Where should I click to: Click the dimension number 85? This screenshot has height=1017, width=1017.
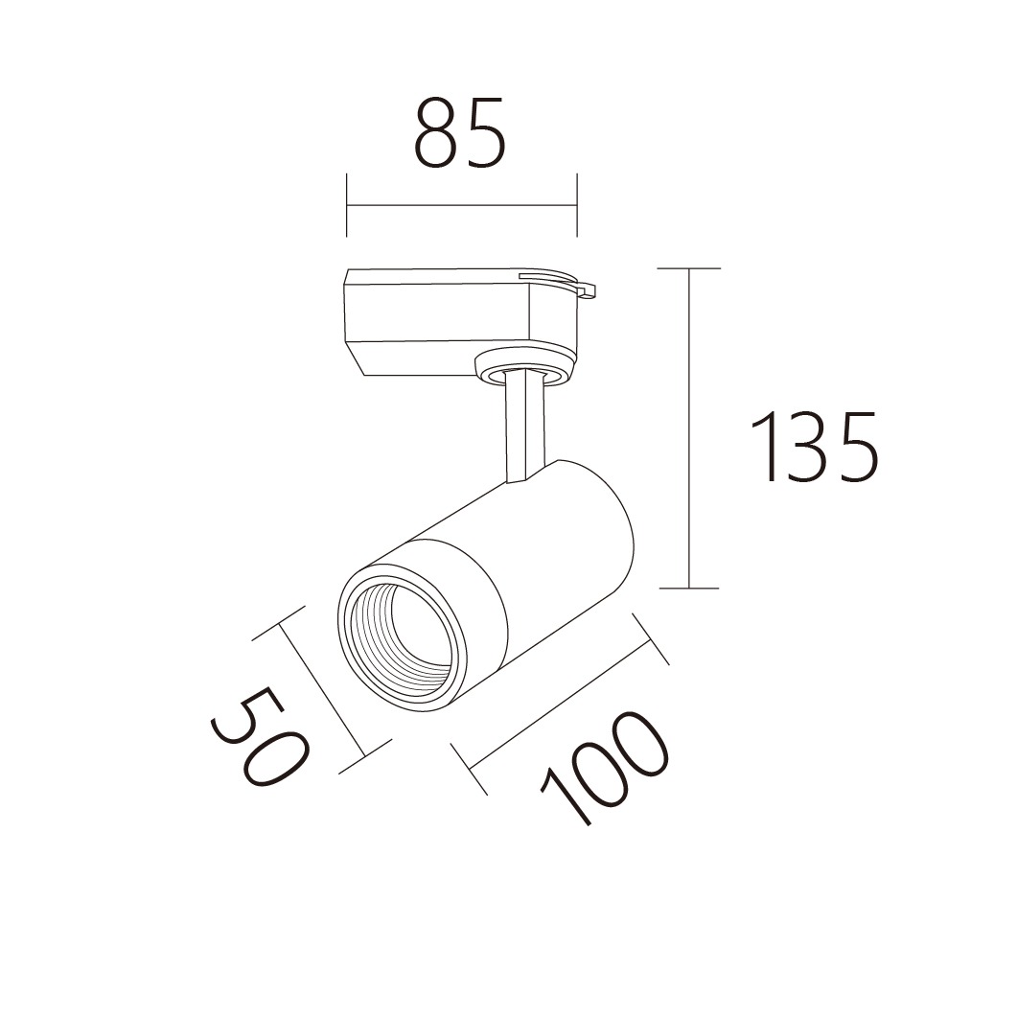point(459,133)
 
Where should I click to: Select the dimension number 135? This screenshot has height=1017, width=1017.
point(815,447)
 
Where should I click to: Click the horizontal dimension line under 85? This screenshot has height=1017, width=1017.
point(462,206)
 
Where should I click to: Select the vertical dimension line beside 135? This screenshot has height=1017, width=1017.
point(689,428)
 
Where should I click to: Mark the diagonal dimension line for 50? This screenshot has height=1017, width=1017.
point(322,689)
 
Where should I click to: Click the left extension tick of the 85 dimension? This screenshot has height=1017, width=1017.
point(347,205)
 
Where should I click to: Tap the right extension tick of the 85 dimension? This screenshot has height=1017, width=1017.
point(577,205)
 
